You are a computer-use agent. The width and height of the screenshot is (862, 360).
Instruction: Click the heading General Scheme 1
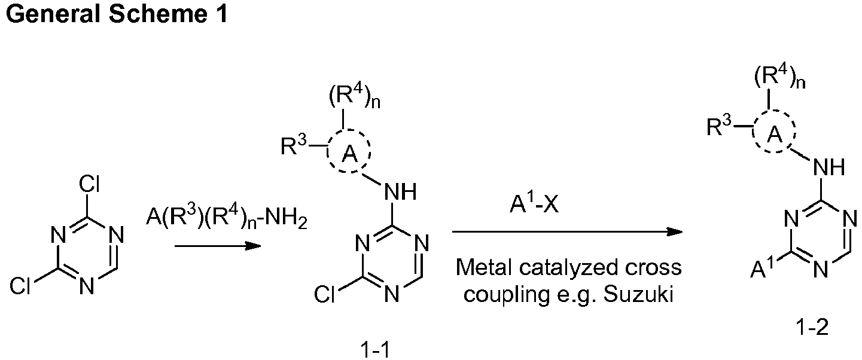117,14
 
